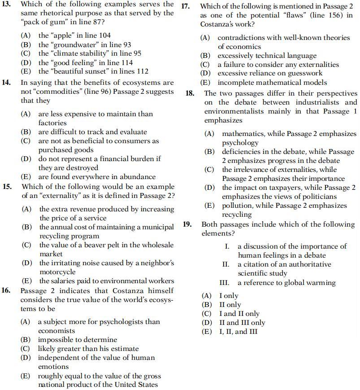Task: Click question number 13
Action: point(7,4)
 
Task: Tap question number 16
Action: point(6,290)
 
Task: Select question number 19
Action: point(188,224)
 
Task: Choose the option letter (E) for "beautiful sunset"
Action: point(26,71)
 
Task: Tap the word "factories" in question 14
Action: point(52,123)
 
